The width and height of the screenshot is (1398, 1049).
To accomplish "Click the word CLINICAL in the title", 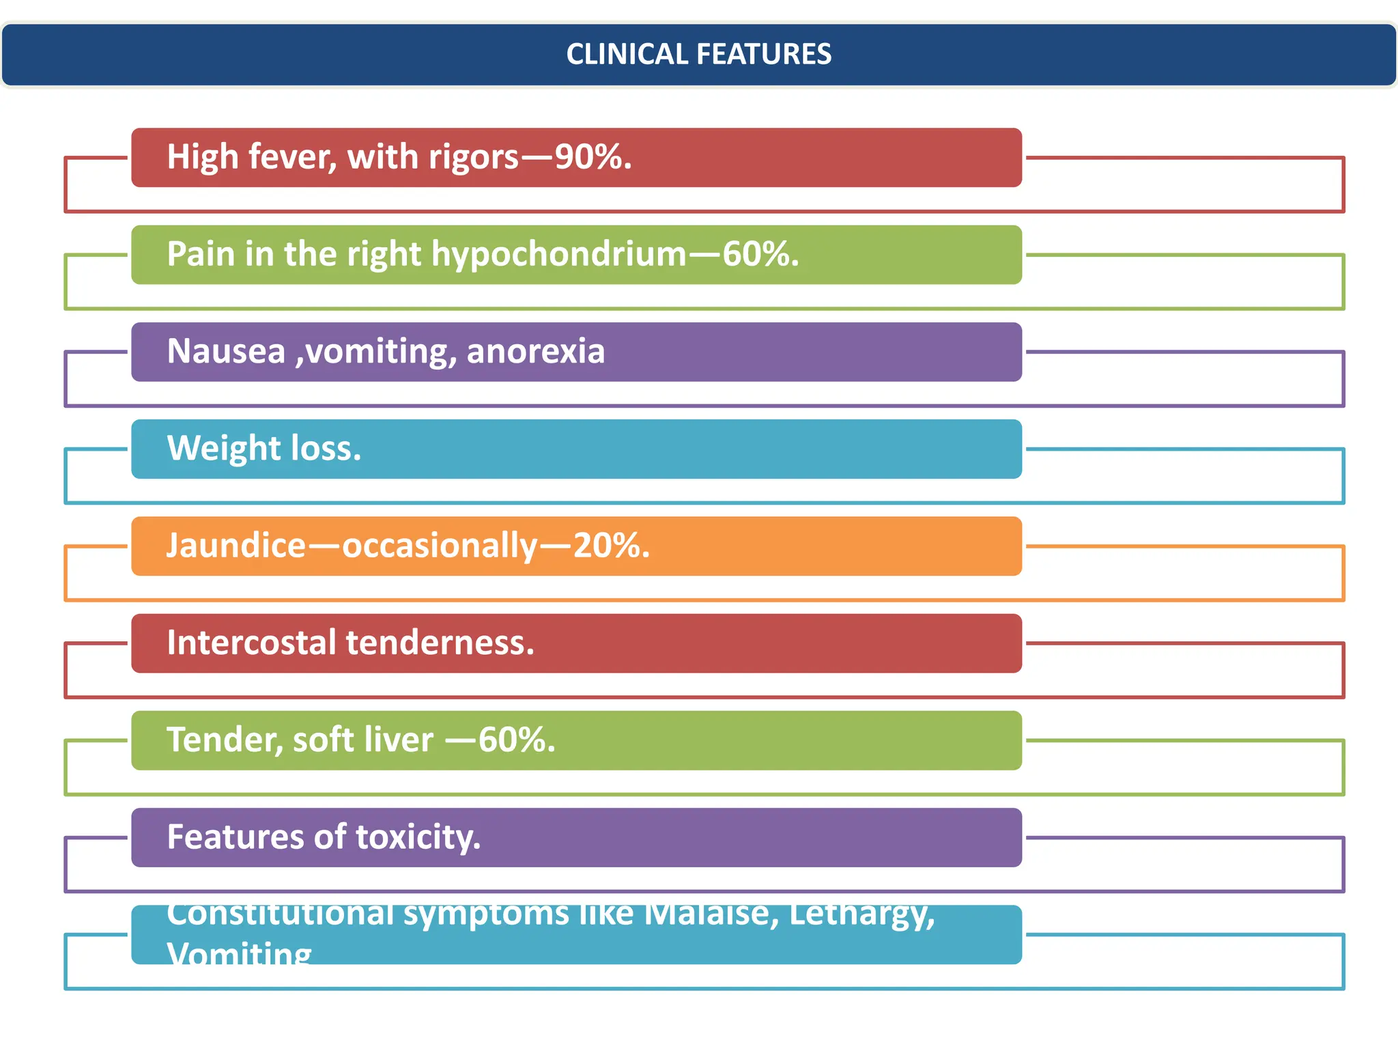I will coord(626,55).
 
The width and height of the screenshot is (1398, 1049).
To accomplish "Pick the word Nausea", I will coord(226,351).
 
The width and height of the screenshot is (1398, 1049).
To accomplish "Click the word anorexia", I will coord(535,351).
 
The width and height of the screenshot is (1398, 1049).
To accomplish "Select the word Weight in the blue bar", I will coord(224,449).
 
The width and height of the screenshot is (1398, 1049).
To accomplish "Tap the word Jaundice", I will coord(236,545).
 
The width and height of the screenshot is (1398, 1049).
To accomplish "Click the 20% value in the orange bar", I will coord(609,545).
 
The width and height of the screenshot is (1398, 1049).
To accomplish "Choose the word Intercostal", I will coord(252,643).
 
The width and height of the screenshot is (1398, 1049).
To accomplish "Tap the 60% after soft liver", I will coord(515,740).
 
